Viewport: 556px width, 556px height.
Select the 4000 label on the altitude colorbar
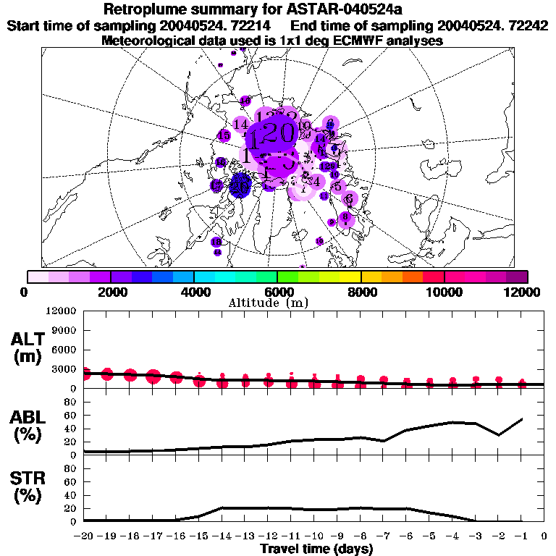tap(194, 292)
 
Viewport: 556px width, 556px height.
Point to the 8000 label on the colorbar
tap(361, 292)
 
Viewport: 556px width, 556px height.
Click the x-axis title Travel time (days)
tap(316, 549)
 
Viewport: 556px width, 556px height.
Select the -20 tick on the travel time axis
tap(84, 536)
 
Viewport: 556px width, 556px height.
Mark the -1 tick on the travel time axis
tap(521, 536)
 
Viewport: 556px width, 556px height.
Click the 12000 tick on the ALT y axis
tap(61, 311)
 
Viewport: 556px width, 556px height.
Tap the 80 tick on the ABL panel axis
tap(70, 403)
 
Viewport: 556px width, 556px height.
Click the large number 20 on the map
tap(279, 132)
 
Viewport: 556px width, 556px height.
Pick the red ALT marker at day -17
tap(153, 376)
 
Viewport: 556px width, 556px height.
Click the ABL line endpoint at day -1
tap(522, 418)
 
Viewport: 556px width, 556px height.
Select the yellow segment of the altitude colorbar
tap(350, 276)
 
